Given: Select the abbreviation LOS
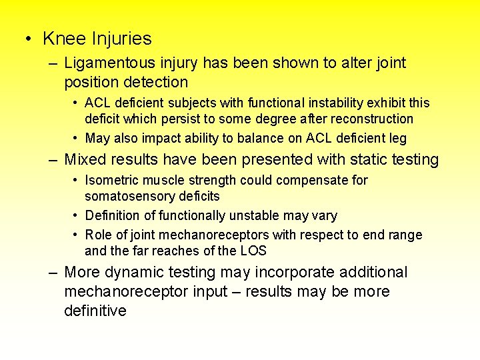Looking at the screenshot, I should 253,251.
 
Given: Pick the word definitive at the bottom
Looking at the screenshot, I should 95,311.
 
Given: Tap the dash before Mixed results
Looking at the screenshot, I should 53,160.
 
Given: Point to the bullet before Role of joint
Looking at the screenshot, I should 77,235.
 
